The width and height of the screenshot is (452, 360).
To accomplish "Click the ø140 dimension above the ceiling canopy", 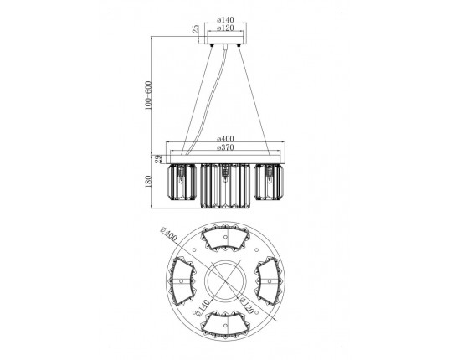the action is coord(225,19).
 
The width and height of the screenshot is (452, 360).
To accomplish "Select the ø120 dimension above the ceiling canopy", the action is coord(225,28).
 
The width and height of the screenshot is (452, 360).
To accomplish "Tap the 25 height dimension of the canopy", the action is coord(196,28).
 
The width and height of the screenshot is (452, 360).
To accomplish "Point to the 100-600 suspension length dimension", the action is coord(148,95).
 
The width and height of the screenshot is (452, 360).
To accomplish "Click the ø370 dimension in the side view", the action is coord(225,147).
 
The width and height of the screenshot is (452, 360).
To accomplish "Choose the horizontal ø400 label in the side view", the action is coord(225,139).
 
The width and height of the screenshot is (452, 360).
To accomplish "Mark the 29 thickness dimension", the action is coord(158,159).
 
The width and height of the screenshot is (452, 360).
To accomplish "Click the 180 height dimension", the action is coord(148,182).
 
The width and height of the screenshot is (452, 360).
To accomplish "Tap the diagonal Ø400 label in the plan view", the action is coord(168,234).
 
